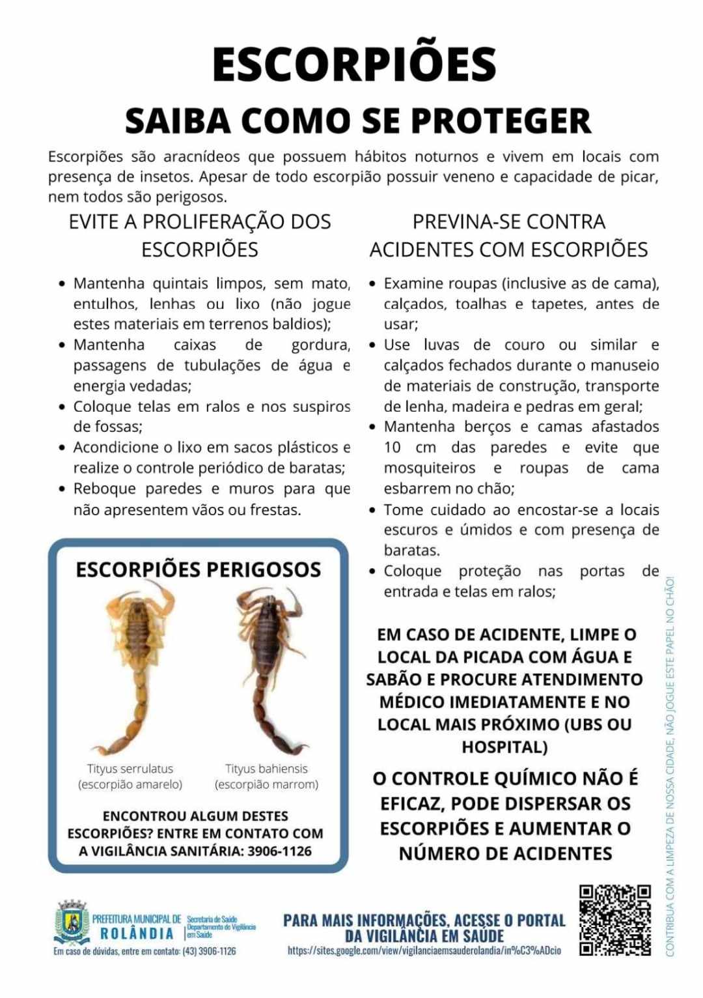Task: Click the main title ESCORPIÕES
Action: point(354,64)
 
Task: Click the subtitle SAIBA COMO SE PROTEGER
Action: point(357,121)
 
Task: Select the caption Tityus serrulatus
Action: point(130,769)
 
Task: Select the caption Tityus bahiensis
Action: point(266,769)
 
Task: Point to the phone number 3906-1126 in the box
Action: point(279,851)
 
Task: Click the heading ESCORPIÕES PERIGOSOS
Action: point(199,569)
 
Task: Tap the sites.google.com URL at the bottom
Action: point(424,950)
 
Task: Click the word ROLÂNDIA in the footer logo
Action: point(137,934)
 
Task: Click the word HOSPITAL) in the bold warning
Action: point(504,747)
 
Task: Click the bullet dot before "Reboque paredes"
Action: point(62,489)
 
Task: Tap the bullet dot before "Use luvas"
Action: point(372,345)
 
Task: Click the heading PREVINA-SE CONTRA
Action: point(508,221)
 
